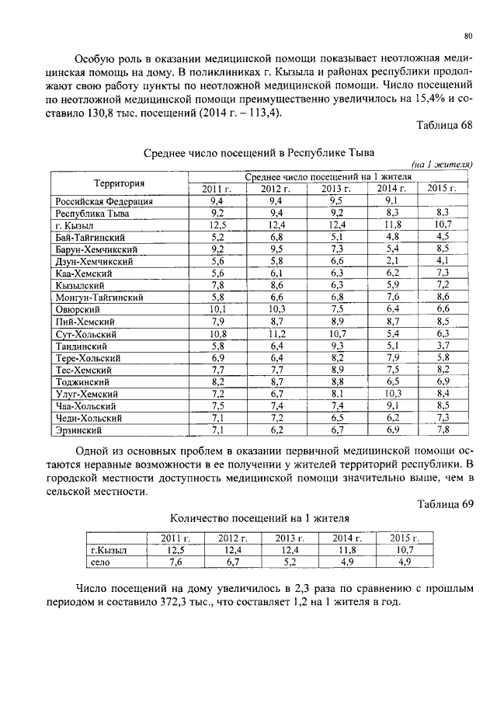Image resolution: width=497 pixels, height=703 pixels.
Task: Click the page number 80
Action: coord(468,35)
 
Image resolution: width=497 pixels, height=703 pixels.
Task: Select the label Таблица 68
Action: coord(444,127)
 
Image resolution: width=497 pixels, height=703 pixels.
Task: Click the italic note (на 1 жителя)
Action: coord(442,165)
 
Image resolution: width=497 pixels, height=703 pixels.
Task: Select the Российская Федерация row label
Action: coord(104,201)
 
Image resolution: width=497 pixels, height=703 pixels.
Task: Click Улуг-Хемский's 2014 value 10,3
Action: coord(391,394)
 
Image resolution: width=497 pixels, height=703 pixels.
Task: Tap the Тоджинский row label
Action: coord(82,382)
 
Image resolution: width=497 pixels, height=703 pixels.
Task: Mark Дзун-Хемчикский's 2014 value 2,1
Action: coord(391,262)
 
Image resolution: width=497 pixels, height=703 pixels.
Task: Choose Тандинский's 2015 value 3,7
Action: coord(443,346)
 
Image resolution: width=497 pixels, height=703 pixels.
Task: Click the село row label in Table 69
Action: coord(101,562)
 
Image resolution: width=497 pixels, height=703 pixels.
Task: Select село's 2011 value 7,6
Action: coord(175,562)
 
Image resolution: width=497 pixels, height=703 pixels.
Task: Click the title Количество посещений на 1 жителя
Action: coord(259,517)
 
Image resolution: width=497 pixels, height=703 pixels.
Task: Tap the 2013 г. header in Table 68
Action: coord(332,189)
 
